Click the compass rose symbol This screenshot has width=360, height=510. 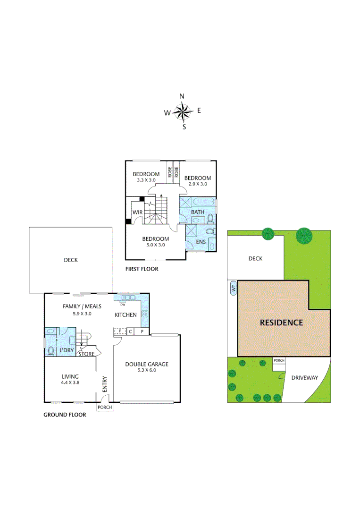tap(182, 112)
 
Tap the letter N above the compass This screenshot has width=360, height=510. tap(182, 96)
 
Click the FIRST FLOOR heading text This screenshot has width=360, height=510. tap(142, 269)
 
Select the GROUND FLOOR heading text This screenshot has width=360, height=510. tap(65, 415)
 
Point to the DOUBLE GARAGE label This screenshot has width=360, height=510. tap(147, 364)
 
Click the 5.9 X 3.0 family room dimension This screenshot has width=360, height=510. tap(82, 313)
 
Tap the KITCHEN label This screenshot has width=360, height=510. tap(126, 314)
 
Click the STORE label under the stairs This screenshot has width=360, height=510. tap(86, 354)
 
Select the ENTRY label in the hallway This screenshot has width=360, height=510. tap(105, 384)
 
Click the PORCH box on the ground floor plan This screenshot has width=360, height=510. tap(105, 407)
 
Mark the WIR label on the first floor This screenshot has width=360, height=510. tap(137, 212)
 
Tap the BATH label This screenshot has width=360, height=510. tap(198, 212)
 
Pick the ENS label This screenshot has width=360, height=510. tap(201, 242)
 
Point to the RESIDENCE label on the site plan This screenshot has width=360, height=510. tap(281, 323)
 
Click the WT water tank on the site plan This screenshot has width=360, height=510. tap(233, 288)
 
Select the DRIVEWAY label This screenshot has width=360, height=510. tap(304, 377)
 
